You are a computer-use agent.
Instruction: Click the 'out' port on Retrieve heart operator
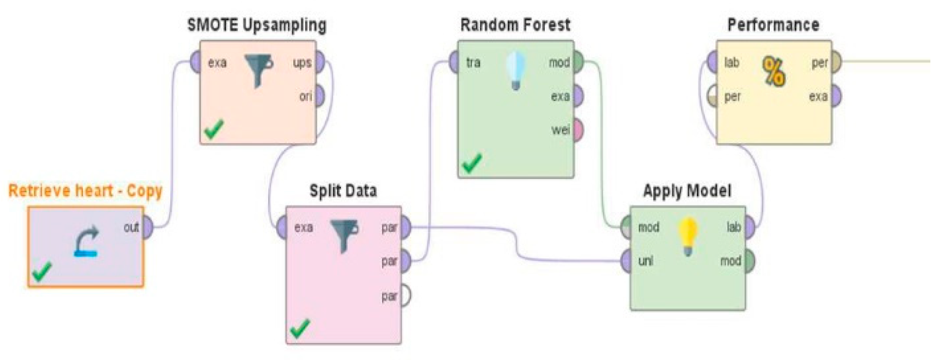tap(147, 227)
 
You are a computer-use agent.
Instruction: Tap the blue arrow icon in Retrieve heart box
tap(86, 242)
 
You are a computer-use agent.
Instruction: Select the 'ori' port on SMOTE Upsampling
tap(320, 96)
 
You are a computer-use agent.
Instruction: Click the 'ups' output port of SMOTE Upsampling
tap(320, 62)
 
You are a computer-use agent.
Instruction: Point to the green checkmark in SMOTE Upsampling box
tap(214, 129)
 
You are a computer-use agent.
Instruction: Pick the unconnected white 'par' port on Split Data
tap(405, 295)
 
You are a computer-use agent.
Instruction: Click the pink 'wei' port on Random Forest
tap(578, 130)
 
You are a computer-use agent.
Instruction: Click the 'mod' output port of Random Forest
tap(578, 62)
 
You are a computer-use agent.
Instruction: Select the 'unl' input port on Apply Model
tap(626, 261)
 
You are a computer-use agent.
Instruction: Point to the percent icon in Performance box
tap(773, 72)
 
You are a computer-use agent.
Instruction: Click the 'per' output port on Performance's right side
tap(836, 62)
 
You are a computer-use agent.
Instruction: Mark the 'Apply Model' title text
tap(687, 191)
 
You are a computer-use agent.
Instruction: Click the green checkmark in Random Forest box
tap(472, 163)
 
